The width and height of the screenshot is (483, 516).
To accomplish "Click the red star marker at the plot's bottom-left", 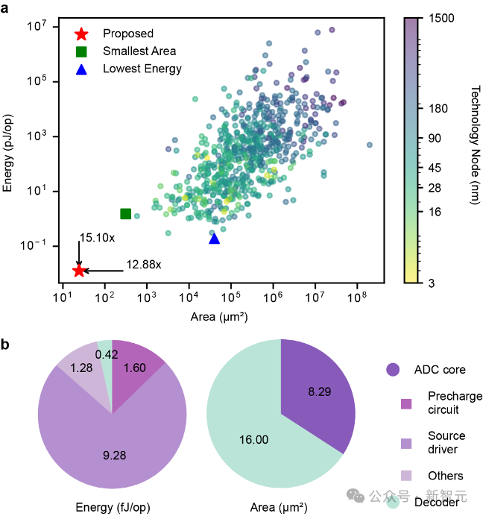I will click(x=78, y=271).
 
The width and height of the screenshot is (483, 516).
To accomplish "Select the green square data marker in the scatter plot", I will click(x=126, y=214).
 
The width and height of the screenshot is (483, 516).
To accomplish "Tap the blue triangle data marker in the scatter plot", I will click(x=215, y=239).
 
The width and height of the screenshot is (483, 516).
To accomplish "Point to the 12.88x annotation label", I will click(x=144, y=264).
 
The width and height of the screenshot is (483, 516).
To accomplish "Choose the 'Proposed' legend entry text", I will click(x=128, y=33).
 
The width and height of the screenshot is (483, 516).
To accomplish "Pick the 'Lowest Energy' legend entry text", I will click(x=142, y=69).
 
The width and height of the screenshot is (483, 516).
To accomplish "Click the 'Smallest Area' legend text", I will click(x=139, y=51).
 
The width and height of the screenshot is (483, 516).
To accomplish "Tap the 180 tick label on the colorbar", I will click(x=438, y=109).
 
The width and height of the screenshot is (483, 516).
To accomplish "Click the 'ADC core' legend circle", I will click(x=393, y=370).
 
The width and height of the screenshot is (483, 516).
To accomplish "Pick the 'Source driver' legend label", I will click(x=447, y=442).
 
